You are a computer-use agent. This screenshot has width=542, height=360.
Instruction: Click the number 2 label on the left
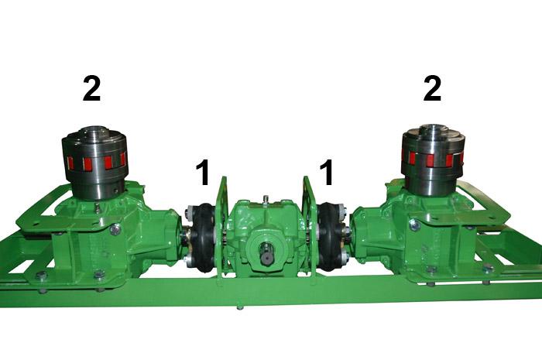pos(91,89)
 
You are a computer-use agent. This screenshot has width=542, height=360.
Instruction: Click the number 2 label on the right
pos(432,89)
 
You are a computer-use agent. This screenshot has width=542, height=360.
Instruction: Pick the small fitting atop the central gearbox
pos(266,200)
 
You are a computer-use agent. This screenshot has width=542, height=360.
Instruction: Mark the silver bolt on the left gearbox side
pos(115,229)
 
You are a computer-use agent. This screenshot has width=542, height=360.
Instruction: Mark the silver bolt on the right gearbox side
pos(415,225)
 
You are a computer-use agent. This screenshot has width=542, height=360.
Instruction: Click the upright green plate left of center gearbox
pos(222,225)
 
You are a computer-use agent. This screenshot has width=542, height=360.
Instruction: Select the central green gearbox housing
pos(266,232)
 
